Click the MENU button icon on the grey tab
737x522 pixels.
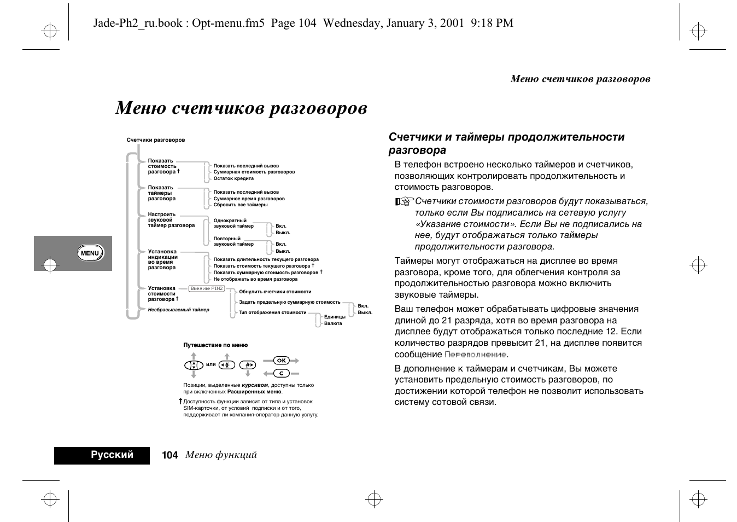(90, 253)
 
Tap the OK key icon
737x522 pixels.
(281, 361)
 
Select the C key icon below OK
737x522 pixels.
(281, 373)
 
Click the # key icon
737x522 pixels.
(248, 365)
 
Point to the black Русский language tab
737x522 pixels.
(102, 455)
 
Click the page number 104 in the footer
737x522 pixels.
(170, 455)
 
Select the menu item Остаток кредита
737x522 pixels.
(233, 178)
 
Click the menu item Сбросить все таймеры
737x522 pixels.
(241, 205)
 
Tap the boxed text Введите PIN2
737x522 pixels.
(207, 288)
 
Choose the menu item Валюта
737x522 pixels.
(333, 323)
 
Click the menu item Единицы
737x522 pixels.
(335, 317)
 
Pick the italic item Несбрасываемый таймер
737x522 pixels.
(178, 310)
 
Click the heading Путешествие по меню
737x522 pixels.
(215, 345)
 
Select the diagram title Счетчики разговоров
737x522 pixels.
(156, 140)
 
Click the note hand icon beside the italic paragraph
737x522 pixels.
(403, 202)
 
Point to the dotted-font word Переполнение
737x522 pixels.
(476, 355)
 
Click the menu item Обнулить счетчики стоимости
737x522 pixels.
(275, 292)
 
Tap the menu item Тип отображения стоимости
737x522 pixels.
(272, 312)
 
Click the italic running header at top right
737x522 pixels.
(580, 79)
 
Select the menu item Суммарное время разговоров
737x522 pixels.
(249, 199)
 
